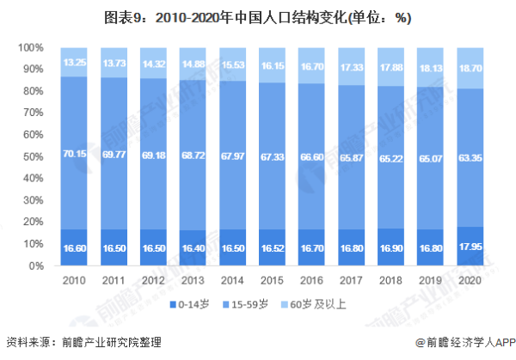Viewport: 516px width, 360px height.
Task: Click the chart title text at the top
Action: pos(258,16)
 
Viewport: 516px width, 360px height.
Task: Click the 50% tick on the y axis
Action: pos(31,156)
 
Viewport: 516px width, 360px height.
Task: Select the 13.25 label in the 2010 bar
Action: pos(74,62)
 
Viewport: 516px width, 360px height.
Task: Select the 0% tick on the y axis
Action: pos(35,266)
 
